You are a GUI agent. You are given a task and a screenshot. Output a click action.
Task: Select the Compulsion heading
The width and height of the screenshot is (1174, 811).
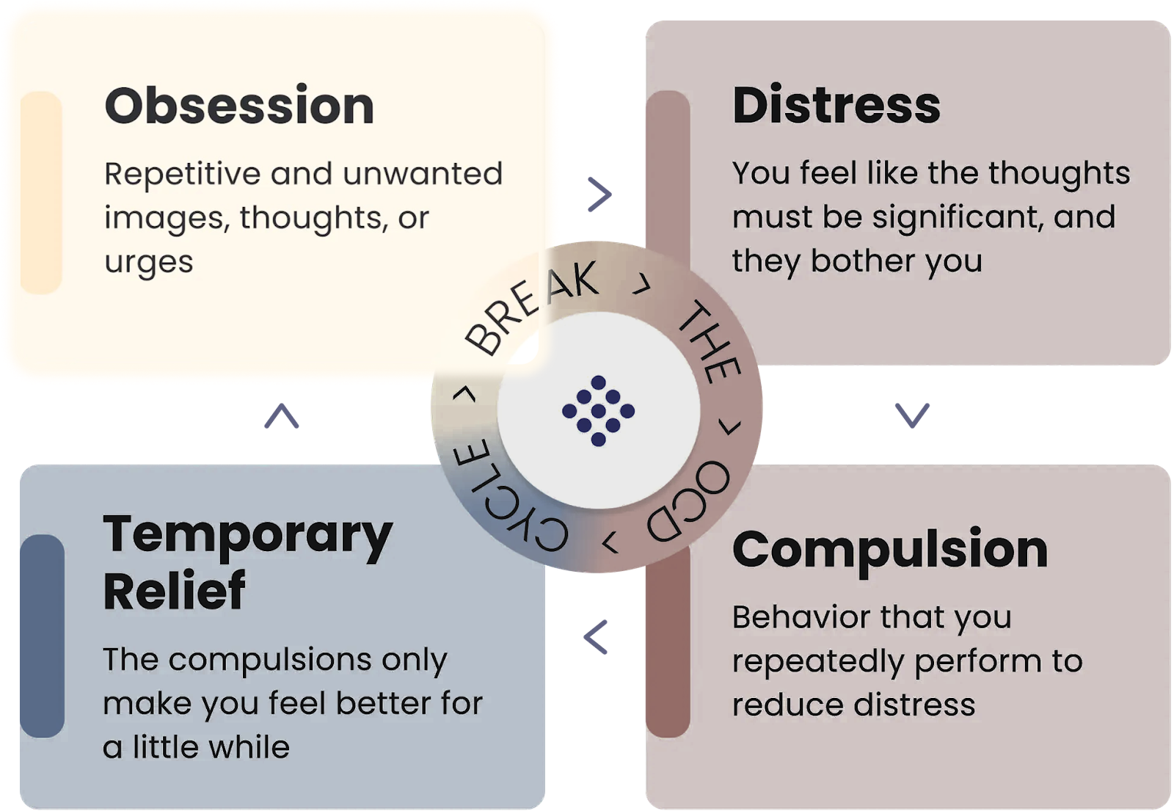[890, 550]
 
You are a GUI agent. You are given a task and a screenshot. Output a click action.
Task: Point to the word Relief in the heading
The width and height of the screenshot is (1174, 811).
[174, 590]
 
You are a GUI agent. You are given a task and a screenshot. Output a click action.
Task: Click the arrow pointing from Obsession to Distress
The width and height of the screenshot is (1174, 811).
[599, 194]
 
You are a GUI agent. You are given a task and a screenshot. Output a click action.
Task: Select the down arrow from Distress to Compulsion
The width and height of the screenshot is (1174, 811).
[912, 415]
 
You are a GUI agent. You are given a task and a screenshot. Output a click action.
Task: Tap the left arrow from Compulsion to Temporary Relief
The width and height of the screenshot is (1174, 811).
[596, 637]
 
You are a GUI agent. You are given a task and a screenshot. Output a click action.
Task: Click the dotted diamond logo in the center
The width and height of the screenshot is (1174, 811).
[598, 410]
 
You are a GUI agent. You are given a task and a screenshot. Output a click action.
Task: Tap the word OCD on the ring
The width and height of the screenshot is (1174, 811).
[688, 502]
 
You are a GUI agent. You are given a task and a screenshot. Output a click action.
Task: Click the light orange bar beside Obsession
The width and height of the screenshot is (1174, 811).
[41, 192]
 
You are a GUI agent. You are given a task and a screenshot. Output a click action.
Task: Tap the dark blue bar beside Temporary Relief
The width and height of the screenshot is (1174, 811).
[43, 636]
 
